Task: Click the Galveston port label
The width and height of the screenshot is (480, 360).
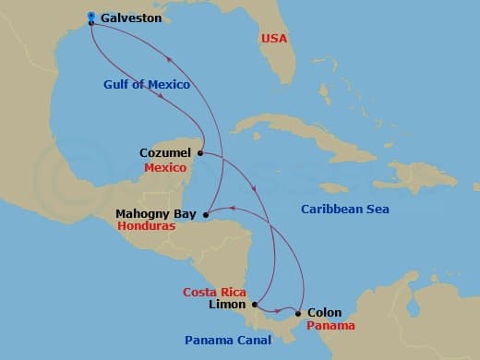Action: click(131, 18)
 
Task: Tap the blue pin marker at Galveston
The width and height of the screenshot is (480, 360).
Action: click(91, 17)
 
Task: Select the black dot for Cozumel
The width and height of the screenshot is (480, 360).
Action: click(199, 152)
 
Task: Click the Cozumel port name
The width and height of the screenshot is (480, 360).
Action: click(165, 152)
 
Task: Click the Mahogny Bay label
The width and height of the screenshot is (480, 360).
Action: click(154, 213)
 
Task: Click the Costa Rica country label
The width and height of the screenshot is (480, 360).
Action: click(214, 292)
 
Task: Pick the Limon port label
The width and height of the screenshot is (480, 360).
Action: click(227, 305)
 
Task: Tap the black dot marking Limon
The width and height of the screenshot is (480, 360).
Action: click(254, 306)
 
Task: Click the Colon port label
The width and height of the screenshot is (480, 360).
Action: click(323, 313)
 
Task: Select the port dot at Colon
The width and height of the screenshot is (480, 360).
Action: click(297, 314)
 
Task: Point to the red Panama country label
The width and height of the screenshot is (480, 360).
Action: click(330, 326)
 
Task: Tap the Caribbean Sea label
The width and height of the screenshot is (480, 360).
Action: click(345, 210)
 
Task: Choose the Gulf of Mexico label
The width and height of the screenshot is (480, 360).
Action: click(147, 85)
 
